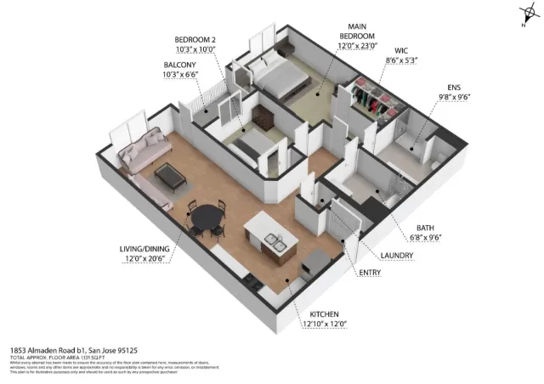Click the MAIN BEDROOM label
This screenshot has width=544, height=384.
[x=356, y=31]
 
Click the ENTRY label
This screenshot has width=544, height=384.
[x=370, y=272]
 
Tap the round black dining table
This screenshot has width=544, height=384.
[x=207, y=218]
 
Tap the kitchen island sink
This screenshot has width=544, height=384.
[x=275, y=243]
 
